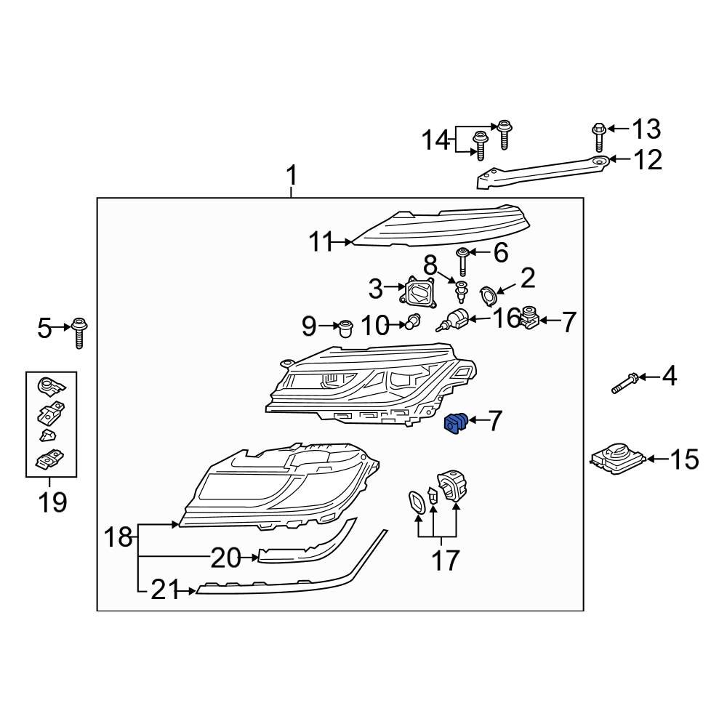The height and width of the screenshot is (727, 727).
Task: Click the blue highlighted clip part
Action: click(457, 423)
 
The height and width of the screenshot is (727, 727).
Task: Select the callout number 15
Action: click(684, 459)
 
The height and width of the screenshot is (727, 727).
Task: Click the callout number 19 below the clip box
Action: click(52, 502)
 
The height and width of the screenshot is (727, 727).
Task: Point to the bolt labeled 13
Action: click(599, 137)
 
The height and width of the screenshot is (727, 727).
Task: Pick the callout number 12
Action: click(648, 160)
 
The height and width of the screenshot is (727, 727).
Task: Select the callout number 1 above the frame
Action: click(292, 176)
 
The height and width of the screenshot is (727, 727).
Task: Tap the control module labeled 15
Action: click(616, 459)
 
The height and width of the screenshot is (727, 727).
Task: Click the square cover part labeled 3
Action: click(418, 292)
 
